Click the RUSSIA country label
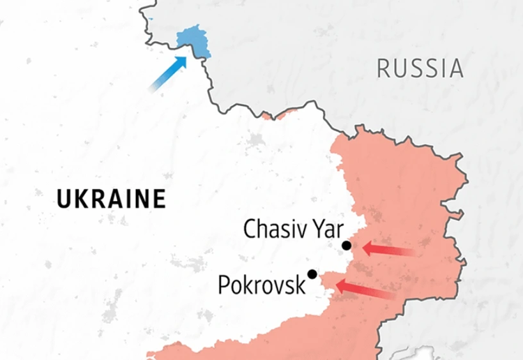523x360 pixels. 420,68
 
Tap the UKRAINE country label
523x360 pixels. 112,200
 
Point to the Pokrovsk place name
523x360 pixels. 261,285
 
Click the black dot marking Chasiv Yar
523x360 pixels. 347,246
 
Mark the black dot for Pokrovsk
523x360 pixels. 312,273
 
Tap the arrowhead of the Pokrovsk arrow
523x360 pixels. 341,285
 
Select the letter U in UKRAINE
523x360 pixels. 63,200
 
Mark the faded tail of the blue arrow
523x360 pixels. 154,87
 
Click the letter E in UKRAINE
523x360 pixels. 160,200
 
